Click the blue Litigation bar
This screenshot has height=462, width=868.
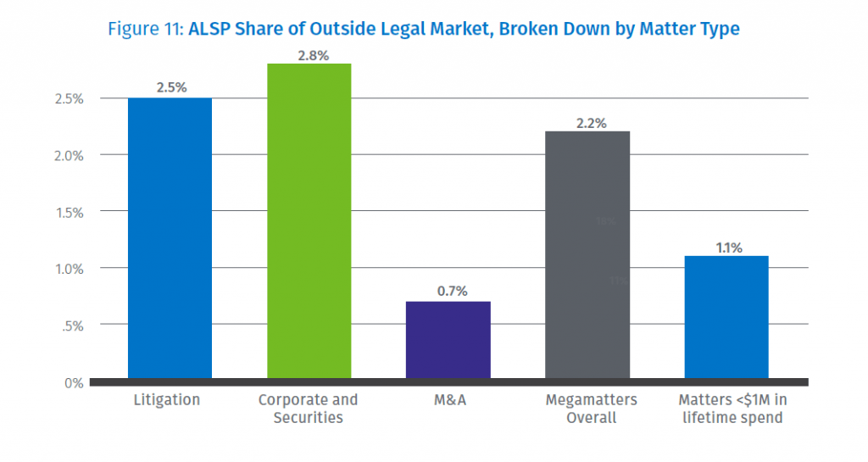(x=170, y=237)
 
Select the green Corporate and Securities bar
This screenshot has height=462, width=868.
(x=309, y=220)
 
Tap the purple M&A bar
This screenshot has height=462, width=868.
(x=448, y=339)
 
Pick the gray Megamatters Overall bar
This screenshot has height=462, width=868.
(x=587, y=254)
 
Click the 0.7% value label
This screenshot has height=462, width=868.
(x=448, y=291)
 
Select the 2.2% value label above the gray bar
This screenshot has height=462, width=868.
(x=587, y=122)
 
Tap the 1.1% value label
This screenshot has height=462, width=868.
(x=726, y=247)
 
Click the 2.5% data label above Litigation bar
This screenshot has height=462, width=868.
(x=170, y=87)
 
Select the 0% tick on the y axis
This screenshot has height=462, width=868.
(x=75, y=382)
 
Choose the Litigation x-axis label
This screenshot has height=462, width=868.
(x=167, y=400)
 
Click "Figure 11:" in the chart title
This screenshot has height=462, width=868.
(x=145, y=29)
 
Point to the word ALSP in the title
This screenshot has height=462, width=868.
(x=209, y=29)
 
